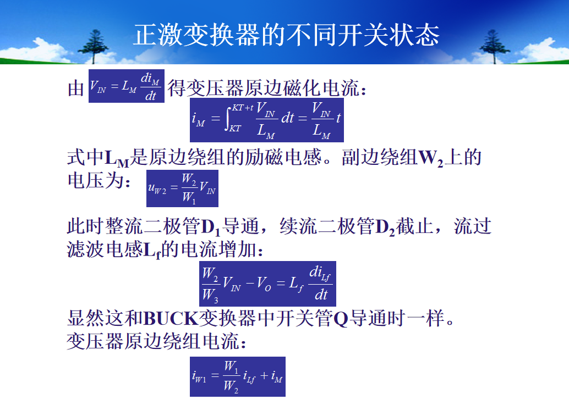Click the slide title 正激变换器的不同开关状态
pyautogui.click(x=286, y=35)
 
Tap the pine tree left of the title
pyautogui.click(x=94, y=47)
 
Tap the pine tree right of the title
pyautogui.click(x=494, y=47)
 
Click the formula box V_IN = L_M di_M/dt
pyautogui.click(x=126, y=86)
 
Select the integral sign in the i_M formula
pyautogui.click(x=228, y=119)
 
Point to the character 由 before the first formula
pyautogui.click(x=76, y=88)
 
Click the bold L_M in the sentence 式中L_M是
pyautogui.click(x=117, y=159)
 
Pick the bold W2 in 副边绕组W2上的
pyautogui.click(x=431, y=159)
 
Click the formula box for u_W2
pyautogui.click(x=182, y=188)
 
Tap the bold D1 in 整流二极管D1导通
pyautogui.click(x=210, y=228)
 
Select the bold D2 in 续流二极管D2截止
pyautogui.click(x=385, y=228)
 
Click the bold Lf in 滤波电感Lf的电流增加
pyautogui.click(x=152, y=251)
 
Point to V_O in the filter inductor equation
pyautogui.click(x=264, y=283)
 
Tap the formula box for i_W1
pyautogui.click(x=238, y=377)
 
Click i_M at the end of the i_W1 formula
pyautogui.click(x=276, y=377)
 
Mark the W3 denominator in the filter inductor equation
pyautogui.click(x=210, y=295)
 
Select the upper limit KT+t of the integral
pyautogui.click(x=243, y=108)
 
